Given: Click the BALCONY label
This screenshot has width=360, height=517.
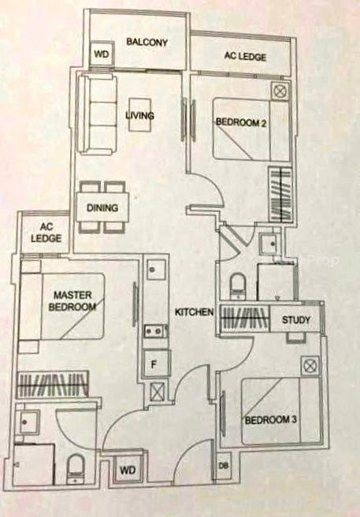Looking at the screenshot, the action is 147,42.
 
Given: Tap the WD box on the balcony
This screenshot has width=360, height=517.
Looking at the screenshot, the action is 102,54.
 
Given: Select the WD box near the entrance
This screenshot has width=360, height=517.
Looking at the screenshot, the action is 128,471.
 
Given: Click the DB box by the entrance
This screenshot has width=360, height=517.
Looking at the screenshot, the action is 224,466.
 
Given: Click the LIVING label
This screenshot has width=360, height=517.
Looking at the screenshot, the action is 139,115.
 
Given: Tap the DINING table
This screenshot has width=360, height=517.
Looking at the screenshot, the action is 102,207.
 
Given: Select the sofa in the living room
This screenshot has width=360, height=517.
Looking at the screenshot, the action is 97,113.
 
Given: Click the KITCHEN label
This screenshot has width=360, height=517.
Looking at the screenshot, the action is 194,312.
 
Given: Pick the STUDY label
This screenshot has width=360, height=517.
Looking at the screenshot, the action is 296,319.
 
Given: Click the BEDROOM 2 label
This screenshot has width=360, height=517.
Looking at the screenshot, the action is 241,123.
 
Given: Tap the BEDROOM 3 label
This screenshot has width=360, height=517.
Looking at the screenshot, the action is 271,420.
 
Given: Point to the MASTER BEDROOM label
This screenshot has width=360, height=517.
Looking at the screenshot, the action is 72,301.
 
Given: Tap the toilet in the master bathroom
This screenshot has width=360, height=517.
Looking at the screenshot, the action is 76,469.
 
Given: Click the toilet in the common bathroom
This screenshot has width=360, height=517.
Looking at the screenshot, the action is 237,285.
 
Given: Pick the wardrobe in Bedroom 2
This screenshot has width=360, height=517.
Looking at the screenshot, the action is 280,195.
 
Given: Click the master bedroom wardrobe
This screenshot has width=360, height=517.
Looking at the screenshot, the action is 53,385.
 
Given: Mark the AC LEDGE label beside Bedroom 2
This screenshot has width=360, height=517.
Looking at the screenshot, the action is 245,57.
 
